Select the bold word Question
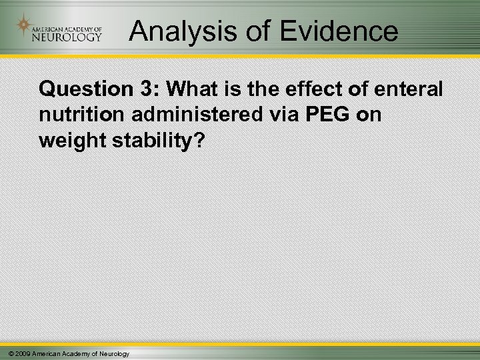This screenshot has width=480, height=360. pos(83,89)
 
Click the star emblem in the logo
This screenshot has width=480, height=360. pos(25,27)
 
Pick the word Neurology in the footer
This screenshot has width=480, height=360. pos(113,353)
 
